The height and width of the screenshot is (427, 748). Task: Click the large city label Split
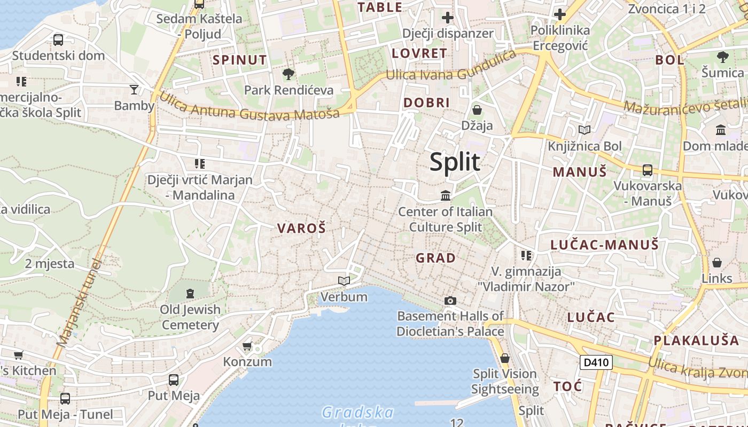455,162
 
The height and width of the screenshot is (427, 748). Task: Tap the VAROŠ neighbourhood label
301,228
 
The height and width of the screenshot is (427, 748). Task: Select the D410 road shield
596,362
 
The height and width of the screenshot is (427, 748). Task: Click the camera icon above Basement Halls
450,301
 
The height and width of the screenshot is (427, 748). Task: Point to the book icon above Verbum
344,281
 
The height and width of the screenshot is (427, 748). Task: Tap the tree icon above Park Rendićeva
289,74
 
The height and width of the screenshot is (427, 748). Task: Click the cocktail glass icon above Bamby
134,89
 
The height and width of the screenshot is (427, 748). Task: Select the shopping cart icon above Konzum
247,346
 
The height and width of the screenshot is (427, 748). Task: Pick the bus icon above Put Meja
174,380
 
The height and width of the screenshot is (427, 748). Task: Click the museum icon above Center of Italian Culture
446,196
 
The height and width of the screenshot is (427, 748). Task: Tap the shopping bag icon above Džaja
477,110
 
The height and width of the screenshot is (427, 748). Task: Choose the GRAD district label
436,258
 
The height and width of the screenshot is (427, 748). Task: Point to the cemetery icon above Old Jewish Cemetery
190,293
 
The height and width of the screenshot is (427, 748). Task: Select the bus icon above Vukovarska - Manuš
648,170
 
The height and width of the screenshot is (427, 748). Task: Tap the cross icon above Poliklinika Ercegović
560,14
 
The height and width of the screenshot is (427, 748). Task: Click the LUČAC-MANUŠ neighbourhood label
605,245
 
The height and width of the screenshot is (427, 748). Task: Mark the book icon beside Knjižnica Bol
585,130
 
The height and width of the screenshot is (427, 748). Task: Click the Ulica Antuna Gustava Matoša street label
249,107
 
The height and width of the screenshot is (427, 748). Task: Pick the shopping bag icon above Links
717,263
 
